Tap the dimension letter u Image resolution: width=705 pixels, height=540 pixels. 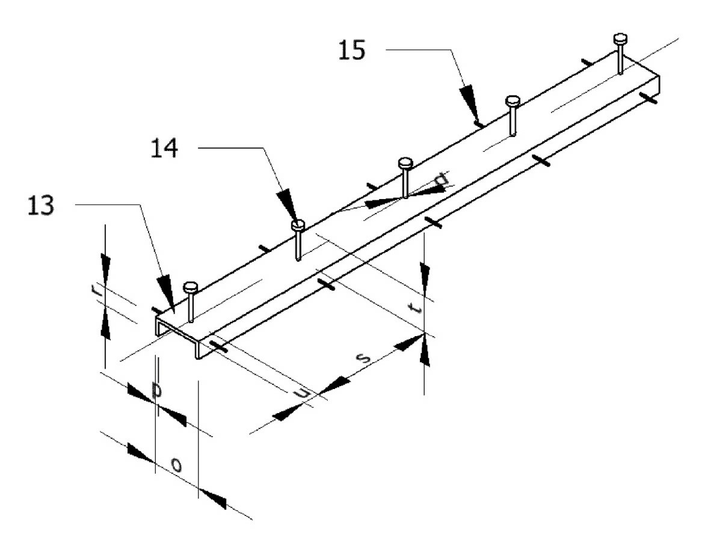(x=305, y=393)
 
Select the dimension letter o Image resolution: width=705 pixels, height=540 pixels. (x=176, y=464)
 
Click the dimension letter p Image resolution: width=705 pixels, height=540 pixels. (x=157, y=391)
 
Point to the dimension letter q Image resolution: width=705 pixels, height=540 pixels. (x=442, y=179)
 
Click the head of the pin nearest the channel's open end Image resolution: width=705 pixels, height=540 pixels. (x=190, y=286)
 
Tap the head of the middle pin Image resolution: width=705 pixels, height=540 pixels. (x=405, y=163)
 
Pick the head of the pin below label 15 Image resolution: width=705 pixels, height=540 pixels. (x=512, y=100)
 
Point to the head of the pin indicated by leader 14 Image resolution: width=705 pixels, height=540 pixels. (x=298, y=226)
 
